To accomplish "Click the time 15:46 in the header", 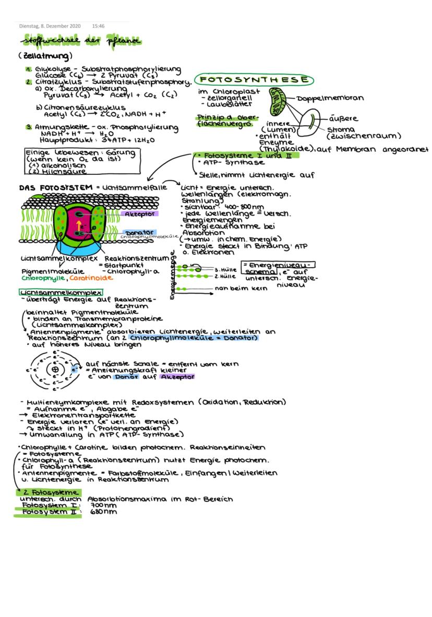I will [x=98, y=25].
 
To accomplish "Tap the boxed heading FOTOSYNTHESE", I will [x=254, y=80].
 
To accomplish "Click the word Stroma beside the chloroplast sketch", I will [x=340, y=129].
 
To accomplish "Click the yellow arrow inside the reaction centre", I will [x=79, y=224].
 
